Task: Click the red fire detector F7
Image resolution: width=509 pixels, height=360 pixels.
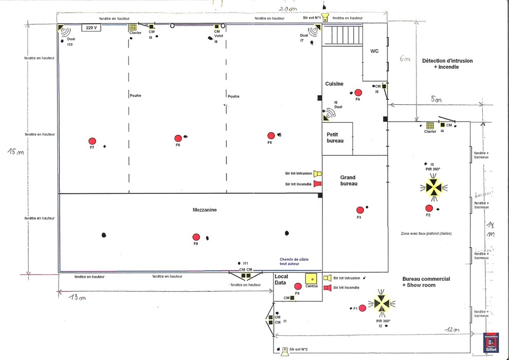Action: [x=93, y=141]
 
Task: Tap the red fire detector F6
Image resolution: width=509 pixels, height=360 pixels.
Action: [x=178, y=138]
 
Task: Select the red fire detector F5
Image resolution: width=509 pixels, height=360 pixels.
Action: [x=271, y=136]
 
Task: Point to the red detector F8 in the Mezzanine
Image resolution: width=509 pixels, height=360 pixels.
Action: [x=196, y=237]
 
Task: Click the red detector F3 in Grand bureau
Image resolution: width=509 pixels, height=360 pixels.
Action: [x=360, y=210]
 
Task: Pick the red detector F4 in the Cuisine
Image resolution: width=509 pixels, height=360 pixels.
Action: [x=358, y=93]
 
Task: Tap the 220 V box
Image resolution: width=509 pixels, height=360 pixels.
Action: [x=91, y=28]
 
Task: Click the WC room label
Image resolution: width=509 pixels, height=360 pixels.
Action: [x=374, y=51]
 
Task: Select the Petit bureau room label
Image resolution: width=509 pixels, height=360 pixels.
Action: [x=335, y=137]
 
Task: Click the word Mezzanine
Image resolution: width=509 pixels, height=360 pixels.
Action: [x=205, y=210]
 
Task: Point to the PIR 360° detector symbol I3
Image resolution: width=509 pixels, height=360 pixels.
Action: [x=434, y=188]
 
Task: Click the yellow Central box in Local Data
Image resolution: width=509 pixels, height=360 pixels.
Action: [x=311, y=278]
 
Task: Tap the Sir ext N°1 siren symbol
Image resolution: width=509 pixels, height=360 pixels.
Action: [x=325, y=17]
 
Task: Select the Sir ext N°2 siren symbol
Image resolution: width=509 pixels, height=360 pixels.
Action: [x=284, y=350]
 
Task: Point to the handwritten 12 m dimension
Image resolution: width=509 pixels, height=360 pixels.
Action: [x=452, y=329]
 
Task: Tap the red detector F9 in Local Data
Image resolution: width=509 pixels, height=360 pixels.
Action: [x=298, y=286]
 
